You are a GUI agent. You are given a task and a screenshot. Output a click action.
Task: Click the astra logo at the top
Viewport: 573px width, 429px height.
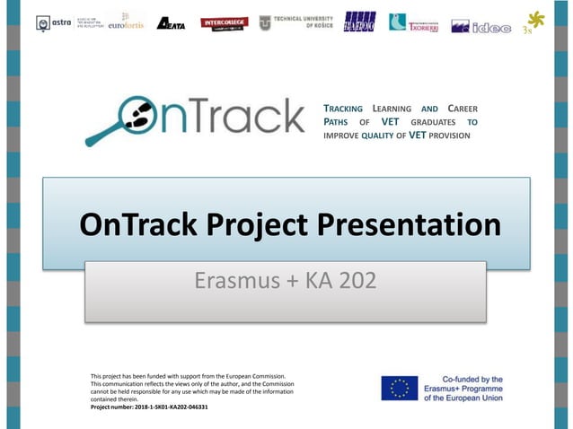click(x=55, y=22)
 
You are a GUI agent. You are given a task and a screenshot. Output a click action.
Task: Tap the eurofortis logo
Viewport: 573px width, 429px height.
click(x=126, y=22)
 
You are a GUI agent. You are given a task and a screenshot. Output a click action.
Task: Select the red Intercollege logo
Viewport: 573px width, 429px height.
click(x=224, y=22)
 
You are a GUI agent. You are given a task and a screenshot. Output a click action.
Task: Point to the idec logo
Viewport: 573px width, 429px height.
click(x=480, y=27)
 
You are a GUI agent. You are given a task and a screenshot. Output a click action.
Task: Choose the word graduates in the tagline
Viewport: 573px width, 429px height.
click(x=434, y=121)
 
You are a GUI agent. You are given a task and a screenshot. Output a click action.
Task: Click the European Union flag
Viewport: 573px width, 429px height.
click(x=399, y=388)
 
